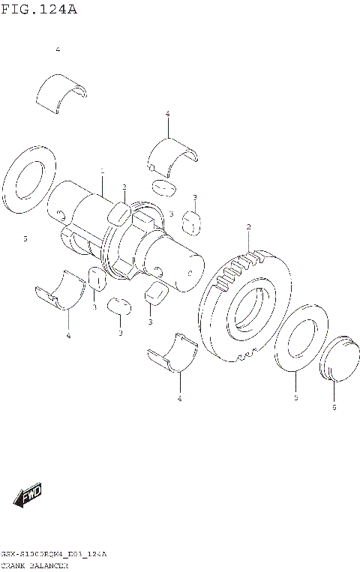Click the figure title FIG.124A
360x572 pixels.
coord(39,10)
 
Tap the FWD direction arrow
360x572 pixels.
coord(27,494)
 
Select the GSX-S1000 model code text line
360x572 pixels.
coord(53,554)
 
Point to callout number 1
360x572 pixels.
coord(102,171)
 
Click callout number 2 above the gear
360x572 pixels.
coord(248,226)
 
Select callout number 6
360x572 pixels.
coord(334,407)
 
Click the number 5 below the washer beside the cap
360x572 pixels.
coord(295,397)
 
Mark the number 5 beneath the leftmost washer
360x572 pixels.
coord(25,238)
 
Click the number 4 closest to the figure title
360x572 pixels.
coord(57,49)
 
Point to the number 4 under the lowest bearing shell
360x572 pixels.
coord(179,398)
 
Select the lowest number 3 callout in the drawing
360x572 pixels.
coord(119,333)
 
